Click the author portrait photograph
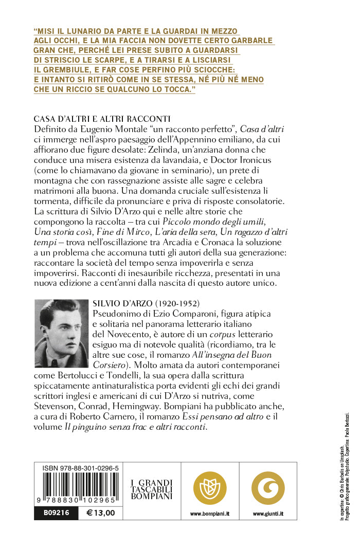(x=61, y=334)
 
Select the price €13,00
(x=101, y=513)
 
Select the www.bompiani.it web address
(x=209, y=514)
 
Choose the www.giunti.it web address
(x=267, y=514)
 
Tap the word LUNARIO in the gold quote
(x=85, y=31)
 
